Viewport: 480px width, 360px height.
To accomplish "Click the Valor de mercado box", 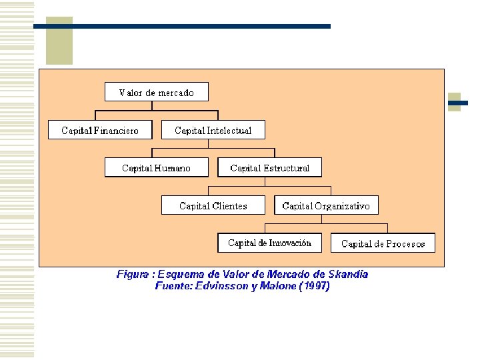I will pyautogui.click(x=157, y=92).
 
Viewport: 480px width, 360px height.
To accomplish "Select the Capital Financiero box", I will pyautogui.click(x=100, y=130).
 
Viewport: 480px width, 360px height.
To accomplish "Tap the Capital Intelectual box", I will pyautogui.click(x=213, y=130).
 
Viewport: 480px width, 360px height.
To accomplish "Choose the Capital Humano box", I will pyautogui.click(x=156, y=167).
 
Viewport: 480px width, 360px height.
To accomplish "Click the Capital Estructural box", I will pyautogui.click(x=270, y=167).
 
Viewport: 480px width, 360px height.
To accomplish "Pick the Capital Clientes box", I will pyautogui.click(x=213, y=205).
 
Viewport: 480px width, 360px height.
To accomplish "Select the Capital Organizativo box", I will pyautogui.click(x=326, y=205).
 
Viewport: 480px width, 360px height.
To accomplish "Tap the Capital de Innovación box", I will pyautogui.click(x=269, y=243).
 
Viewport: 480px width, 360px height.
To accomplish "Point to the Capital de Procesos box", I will pyautogui.click(x=383, y=243).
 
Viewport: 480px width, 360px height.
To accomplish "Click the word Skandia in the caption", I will pyautogui.click(x=347, y=274).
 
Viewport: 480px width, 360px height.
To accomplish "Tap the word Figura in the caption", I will pyautogui.click(x=133, y=274).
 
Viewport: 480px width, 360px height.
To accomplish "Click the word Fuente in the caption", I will pyautogui.click(x=175, y=286).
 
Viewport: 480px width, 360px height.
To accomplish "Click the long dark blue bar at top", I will pyautogui.click(x=181, y=26).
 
